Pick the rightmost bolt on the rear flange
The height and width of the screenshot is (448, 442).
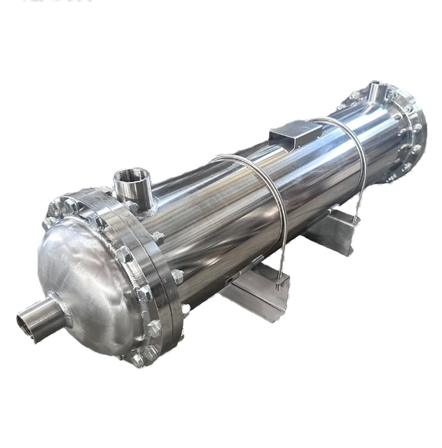pos(418,129)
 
